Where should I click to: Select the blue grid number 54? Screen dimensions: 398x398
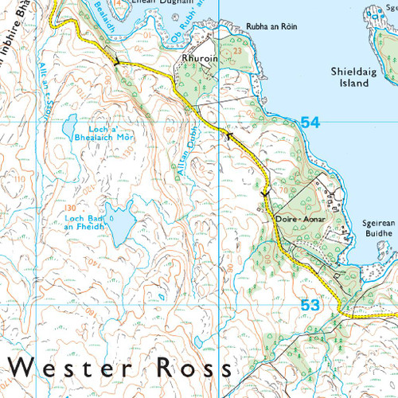click(x=310, y=122)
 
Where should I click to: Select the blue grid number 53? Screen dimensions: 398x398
click(x=310, y=304)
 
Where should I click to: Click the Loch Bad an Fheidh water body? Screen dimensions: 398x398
click(x=122, y=226)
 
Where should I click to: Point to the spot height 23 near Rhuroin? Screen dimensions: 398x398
click(x=236, y=50)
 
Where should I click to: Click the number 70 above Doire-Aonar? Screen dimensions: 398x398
click(x=283, y=191)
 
